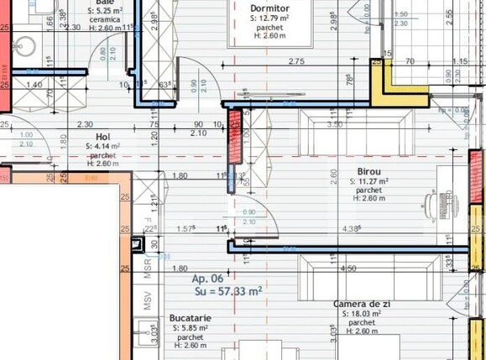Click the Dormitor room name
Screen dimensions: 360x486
click(269, 8)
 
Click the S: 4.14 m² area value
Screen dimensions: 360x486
click(103, 145)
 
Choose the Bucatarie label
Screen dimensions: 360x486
click(190, 319)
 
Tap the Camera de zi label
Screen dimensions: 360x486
click(362, 304)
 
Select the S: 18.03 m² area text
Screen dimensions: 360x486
click(362, 314)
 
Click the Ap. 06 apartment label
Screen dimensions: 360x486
click(209, 279)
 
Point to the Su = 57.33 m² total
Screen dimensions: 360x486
click(228, 290)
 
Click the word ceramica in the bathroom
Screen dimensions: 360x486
click(105, 18)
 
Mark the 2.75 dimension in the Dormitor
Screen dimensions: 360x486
click(295, 61)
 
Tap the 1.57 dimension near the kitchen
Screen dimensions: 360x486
click(186, 228)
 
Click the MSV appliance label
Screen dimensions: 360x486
click(147, 301)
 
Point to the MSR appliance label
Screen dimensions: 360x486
click(147, 268)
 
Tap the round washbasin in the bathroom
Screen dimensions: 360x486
click(21, 44)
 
